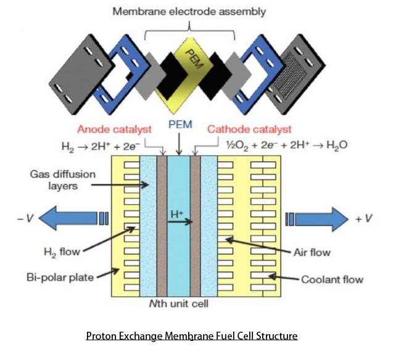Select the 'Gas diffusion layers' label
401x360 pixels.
click(54, 179)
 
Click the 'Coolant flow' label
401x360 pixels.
click(332, 279)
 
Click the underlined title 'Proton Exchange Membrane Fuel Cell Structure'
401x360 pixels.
click(191, 336)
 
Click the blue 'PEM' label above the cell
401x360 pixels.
click(180, 125)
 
